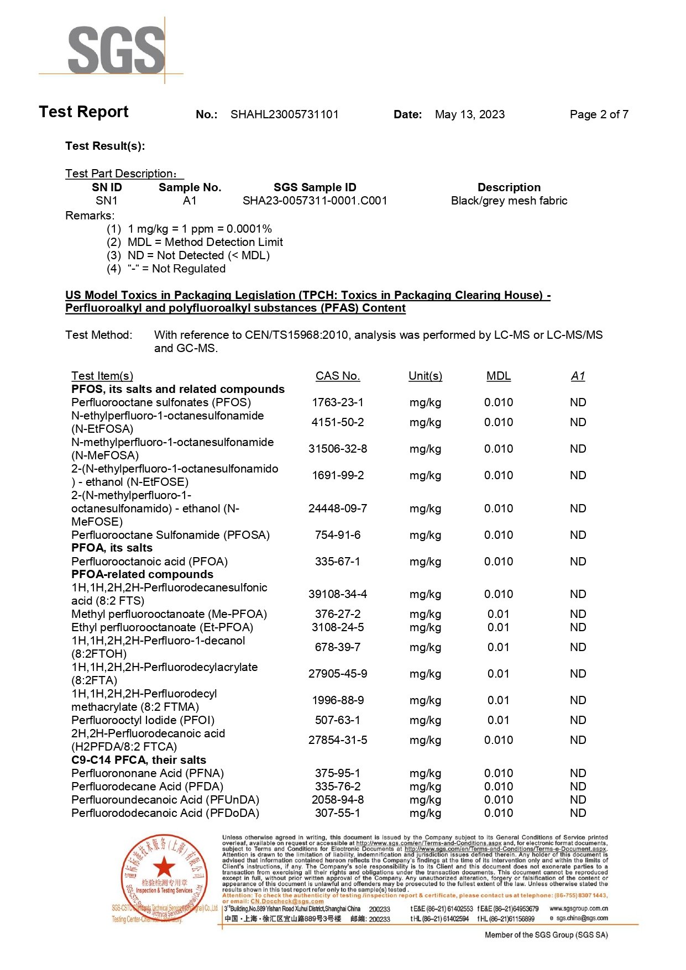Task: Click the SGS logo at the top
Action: pos(116,50)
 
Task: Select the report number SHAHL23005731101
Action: pos(284,114)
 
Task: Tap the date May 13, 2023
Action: pos(469,114)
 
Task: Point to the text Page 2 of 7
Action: pos(599,114)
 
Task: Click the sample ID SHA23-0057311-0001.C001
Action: pos(315,201)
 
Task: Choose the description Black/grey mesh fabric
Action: pos(509,201)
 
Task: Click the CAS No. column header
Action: pos(337,376)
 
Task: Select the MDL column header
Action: pos(498,376)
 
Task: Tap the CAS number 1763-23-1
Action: pos(337,402)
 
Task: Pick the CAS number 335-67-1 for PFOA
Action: pos(337,562)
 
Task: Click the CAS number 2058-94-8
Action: pos(337,800)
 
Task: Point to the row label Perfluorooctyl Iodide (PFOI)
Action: pos(143,720)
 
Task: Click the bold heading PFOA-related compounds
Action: pos(142,574)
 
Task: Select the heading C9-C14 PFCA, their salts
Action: pos(138,760)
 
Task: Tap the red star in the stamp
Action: pos(164,867)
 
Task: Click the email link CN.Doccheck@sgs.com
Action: pos(287,901)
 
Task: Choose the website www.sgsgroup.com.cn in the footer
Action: pos(578,909)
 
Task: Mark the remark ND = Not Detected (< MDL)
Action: pos(198,255)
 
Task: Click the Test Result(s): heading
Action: pos(105,146)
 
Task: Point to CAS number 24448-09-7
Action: pos(337,508)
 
